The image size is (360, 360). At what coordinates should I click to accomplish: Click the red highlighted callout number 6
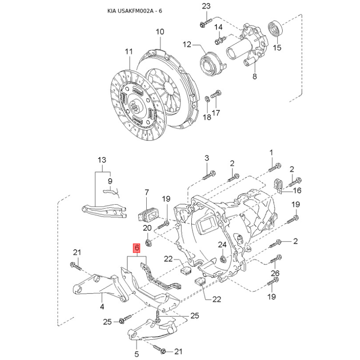tap(137, 248)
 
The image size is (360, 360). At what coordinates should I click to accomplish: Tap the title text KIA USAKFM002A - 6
tap(135, 11)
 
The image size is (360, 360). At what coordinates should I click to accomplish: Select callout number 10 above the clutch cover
tap(160, 31)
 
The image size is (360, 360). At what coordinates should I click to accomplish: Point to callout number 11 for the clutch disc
tap(129, 51)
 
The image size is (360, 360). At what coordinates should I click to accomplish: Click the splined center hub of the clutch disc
tap(135, 106)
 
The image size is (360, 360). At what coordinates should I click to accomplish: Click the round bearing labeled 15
tap(275, 29)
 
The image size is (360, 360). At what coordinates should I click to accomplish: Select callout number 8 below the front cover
tap(255, 76)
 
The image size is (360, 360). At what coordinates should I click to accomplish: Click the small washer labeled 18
tap(207, 99)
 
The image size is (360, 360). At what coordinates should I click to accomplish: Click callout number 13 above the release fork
tap(102, 160)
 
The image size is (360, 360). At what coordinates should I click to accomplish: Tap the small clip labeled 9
tap(111, 192)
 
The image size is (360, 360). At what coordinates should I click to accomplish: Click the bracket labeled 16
tap(278, 186)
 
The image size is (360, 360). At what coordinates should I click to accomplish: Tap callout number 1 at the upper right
tap(271, 153)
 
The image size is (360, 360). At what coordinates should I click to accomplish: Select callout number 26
tap(275, 273)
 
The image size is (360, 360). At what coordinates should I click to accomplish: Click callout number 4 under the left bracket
tap(102, 306)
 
